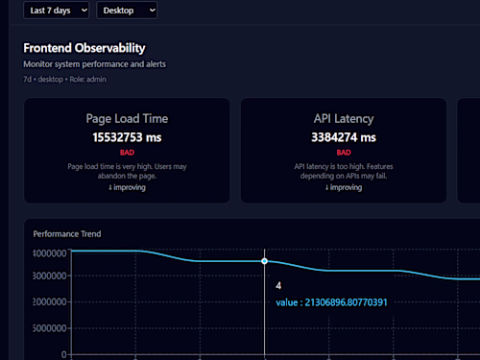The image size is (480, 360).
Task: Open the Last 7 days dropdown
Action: coord(57,10)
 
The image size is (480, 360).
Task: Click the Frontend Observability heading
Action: coord(84,47)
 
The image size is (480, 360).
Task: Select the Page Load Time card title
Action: coord(127,119)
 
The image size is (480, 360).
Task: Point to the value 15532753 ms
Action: coord(127,137)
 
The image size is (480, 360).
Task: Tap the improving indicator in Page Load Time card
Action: coord(127,187)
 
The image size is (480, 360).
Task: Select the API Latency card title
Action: coord(343,119)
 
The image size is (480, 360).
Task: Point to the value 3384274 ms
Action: coord(343,137)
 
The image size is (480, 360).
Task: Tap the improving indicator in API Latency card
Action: coord(343,187)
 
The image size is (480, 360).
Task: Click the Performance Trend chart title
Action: coord(67,233)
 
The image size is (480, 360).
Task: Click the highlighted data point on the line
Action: coord(264,261)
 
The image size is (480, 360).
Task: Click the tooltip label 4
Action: coord(278,286)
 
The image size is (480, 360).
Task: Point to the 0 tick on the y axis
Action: coord(64,354)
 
